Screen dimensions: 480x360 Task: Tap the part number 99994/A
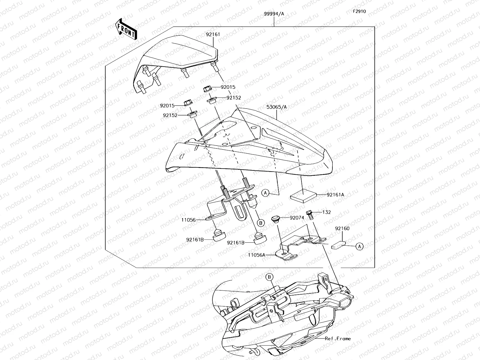point(274,14)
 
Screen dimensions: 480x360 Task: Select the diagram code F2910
point(359,11)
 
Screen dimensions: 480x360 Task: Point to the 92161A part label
point(335,195)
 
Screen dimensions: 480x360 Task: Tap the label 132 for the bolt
point(326,212)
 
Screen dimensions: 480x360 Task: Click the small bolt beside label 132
point(310,215)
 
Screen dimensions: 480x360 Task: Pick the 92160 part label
point(342,228)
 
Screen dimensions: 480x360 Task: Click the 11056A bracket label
point(257,255)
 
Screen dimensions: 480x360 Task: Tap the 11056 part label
point(188,220)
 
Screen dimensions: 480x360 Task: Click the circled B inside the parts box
point(261,223)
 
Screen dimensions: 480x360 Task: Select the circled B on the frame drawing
point(269,277)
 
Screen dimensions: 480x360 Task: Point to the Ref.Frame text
point(338,339)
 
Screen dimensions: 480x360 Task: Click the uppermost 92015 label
point(228,87)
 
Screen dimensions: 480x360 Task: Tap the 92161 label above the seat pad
point(213,34)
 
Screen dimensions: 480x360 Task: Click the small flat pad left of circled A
point(339,244)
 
